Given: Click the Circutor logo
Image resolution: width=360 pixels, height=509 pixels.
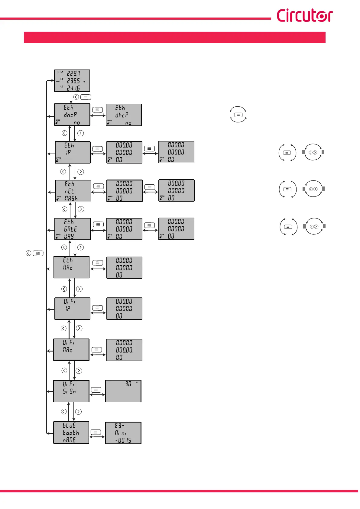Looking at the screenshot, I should pos(304,15).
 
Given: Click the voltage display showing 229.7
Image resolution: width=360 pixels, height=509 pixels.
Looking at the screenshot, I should pos(72,81).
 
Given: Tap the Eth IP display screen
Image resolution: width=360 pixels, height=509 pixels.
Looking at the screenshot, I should pos(73,152).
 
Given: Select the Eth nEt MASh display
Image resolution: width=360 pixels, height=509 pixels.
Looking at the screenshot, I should pos(73,191).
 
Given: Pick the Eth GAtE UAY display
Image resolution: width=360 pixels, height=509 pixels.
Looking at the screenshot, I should pos(72,229).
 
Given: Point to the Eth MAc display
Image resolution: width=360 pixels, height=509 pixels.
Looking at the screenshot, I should pos(71,267).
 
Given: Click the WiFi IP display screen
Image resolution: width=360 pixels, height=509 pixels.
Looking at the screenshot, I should pos(72,309).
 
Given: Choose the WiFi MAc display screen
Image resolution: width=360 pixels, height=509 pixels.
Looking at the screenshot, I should pos(71,350).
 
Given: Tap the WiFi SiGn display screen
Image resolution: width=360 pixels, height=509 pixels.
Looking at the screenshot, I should pos(71,391).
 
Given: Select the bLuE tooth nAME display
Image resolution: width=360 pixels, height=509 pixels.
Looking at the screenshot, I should pos(71,433).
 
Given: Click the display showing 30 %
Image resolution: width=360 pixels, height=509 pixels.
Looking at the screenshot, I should pos(123,391).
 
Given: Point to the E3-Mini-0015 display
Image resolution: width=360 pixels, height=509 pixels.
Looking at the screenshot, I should pos(123,433).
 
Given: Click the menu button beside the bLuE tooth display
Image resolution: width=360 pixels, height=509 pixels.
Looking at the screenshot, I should pos(96,432).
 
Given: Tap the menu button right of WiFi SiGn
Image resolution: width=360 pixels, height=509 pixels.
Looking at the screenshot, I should pos(96,390).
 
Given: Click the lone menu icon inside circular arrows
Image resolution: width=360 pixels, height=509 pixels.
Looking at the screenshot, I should pos(238,115).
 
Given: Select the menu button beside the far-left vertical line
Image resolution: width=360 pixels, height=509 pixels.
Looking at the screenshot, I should pos(38,253).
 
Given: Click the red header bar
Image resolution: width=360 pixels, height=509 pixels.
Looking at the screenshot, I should pos(174,37).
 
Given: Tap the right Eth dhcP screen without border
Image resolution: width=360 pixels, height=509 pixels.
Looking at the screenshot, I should pos(124,115).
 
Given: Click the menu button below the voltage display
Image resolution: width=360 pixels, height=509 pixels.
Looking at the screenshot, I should pos(86,97).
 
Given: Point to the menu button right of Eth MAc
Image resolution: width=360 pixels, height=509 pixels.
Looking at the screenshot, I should pos(97,263).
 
